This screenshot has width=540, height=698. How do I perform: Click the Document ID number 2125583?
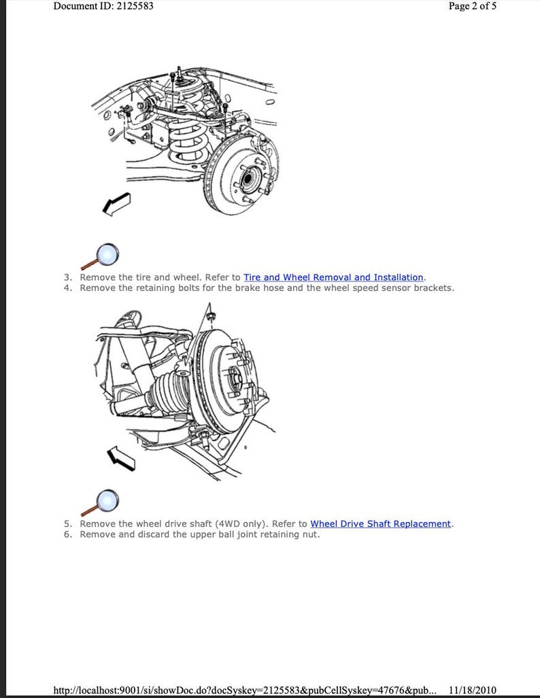[x=130, y=6]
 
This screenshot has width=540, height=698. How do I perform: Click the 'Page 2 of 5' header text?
[x=472, y=6]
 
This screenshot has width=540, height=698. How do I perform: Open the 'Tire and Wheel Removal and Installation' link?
[x=333, y=277]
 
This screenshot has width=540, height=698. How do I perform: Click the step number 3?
[x=67, y=277]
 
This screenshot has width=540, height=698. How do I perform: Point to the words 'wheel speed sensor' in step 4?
[x=360, y=287]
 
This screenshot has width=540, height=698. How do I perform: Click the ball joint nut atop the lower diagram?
[x=209, y=316]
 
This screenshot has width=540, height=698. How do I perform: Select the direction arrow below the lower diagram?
[x=121, y=459]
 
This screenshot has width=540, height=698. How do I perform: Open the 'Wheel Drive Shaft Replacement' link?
[x=380, y=524]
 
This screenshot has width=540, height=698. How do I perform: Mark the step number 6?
[x=67, y=534]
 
